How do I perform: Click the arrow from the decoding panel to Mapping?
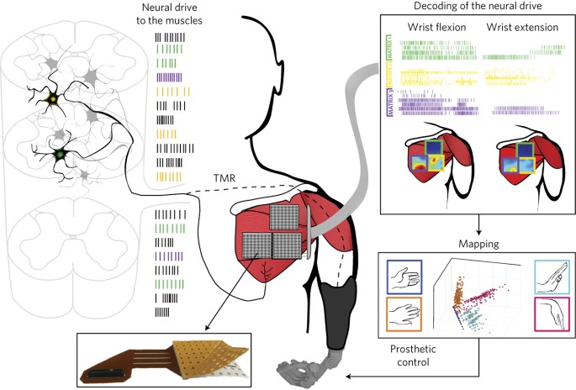tap(477, 227)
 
